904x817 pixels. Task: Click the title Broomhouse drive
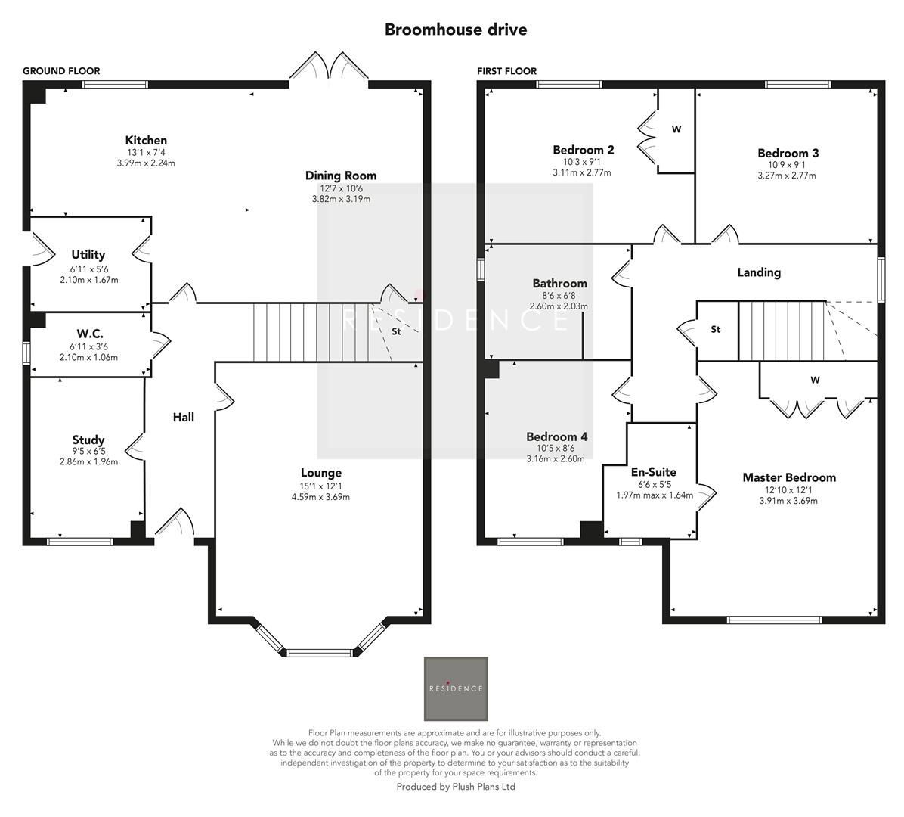coord(455,30)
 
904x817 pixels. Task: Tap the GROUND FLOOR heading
coord(61,71)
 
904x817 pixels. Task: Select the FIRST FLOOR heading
coord(506,71)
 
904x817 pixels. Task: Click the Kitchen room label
coord(146,140)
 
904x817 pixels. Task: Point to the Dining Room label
coord(340,176)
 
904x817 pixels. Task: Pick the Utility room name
coord(88,255)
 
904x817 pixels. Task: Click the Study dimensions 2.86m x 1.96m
coord(88,461)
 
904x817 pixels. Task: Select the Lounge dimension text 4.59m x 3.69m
coord(320,497)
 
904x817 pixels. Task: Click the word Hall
coord(183,417)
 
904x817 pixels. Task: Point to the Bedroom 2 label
coord(583,150)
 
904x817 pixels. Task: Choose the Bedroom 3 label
coord(788,153)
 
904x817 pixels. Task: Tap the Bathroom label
coord(559,284)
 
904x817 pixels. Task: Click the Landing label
coord(759,272)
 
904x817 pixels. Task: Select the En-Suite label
coord(653,472)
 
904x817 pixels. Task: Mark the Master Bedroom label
coord(788,477)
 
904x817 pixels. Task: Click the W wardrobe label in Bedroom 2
coord(676,129)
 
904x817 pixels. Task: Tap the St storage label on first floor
coord(715,330)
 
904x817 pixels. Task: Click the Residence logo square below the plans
coord(456,688)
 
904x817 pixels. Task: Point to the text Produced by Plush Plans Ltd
coord(456,787)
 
